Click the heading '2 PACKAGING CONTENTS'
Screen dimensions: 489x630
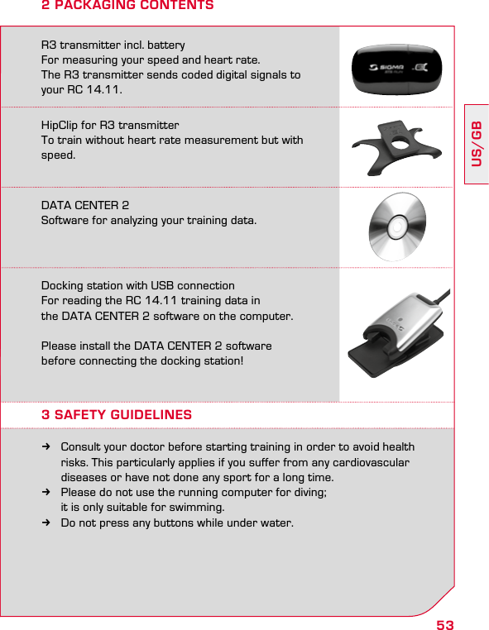[x=127, y=7]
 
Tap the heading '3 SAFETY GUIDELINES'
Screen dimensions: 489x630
[x=117, y=415]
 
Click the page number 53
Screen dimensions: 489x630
[x=445, y=624]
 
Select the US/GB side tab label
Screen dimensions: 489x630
[x=477, y=143]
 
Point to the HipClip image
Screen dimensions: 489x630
[x=396, y=146]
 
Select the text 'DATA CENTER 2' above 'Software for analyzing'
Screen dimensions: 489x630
[x=85, y=205]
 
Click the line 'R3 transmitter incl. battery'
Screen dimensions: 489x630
[x=113, y=45]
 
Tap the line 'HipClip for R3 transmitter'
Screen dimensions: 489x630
[x=110, y=126]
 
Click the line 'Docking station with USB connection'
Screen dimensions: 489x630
[x=138, y=285]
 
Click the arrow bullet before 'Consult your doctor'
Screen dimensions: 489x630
[x=48, y=447]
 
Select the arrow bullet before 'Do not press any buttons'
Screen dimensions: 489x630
[x=48, y=523]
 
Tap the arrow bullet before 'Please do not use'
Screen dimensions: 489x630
[x=48, y=493]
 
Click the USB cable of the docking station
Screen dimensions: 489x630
[x=442, y=298]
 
